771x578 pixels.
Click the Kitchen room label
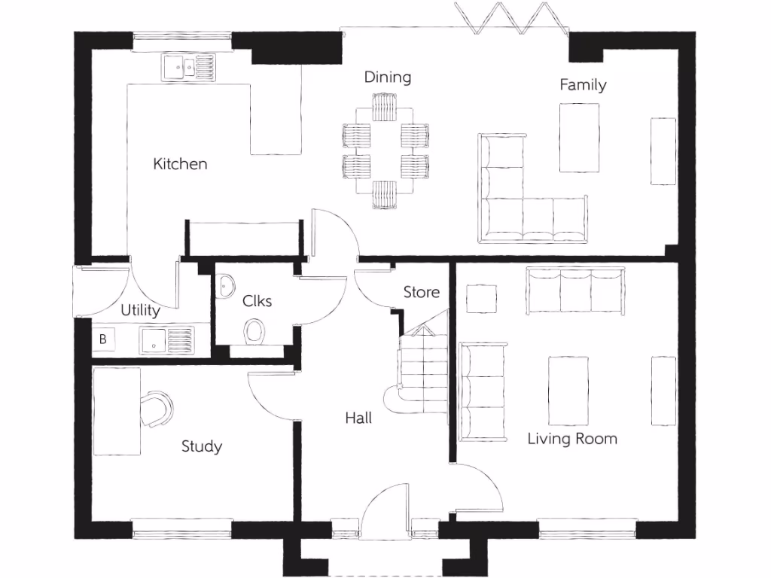(180, 164)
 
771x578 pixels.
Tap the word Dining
(388, 78)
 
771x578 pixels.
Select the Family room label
(583, 85)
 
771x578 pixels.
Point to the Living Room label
(572, 439)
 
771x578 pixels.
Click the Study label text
(202, 447)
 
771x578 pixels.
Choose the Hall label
(358, 418)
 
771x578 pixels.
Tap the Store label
(421, 292)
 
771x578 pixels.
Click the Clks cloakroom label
(257, 301)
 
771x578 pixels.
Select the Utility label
(141, 311)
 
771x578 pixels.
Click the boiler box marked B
(103, 339)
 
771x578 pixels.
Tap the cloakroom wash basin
(226, 285)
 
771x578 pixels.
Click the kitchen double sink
(187, 68)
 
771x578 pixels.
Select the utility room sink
(166, 339)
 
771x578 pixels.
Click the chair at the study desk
(157, 409)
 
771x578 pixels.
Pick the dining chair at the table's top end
(385, 107)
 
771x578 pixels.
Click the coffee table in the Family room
(579, 137)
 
